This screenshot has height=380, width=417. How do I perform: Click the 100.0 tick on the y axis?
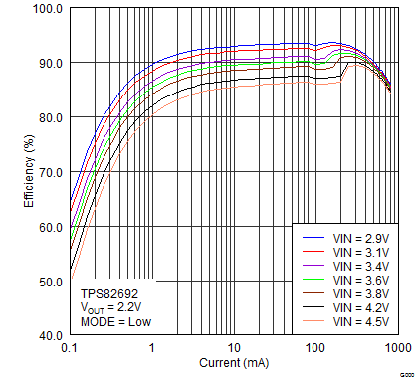tap(48, 9)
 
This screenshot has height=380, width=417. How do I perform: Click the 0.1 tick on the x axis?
tap(70, 349)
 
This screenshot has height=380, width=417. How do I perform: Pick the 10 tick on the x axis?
tap(234, 349)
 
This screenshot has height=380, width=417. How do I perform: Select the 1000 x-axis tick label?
tap(396, 349)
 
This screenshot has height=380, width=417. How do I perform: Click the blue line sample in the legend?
tap(313, 239)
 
